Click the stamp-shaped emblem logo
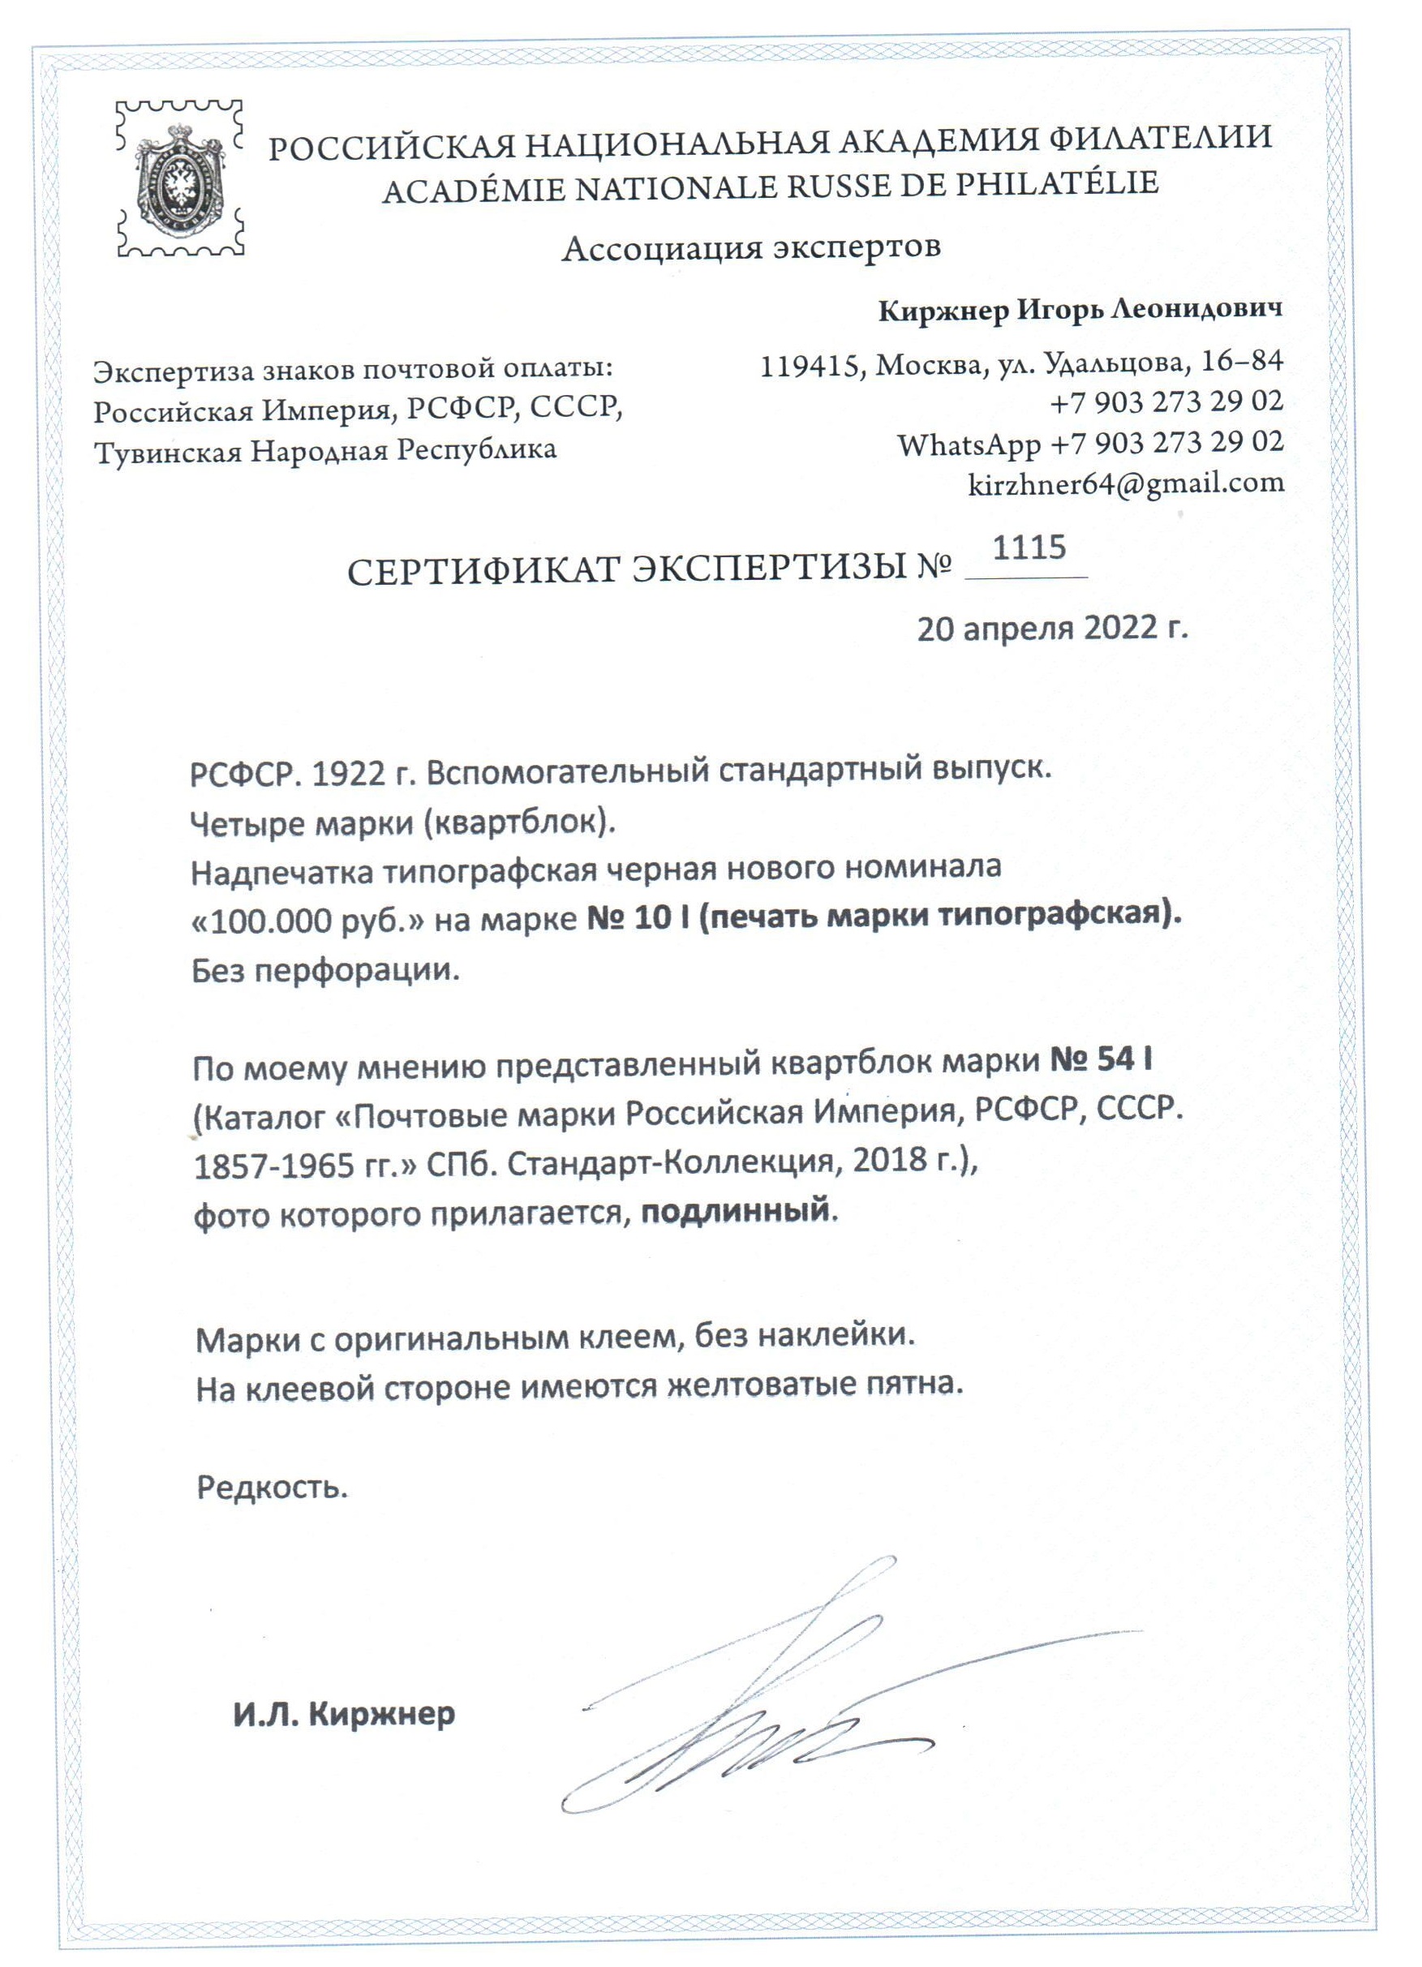click(x=179, y=178)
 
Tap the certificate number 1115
click(x=1029, y=548)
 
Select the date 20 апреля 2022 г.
click(x=1052, y=628)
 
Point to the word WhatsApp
click(x=969, y=445)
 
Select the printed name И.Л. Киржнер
click(x=343, y=1715)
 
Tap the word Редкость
click(x=272, y=1488)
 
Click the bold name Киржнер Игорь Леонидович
click(x=1080, y=311)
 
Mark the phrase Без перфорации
click(x=325, y=969)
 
